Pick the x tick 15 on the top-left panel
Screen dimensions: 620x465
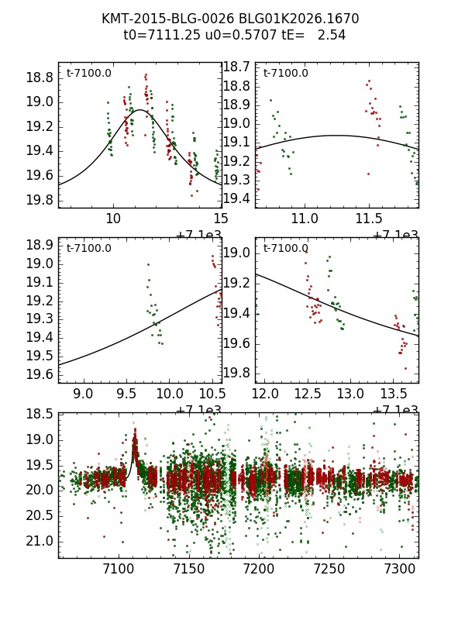(222, 219)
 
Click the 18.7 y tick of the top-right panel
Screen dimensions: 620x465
(236, 67)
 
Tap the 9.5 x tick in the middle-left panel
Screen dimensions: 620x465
(126, 394)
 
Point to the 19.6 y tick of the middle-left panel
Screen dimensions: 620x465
(39, 374)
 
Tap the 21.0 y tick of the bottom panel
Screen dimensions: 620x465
(39, 540)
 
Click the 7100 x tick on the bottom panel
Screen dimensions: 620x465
(119, 569)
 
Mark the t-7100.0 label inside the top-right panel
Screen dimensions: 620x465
(285, 74)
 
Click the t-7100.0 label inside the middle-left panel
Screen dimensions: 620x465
(88, 249)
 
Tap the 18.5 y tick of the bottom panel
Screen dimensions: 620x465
(39, 414)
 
